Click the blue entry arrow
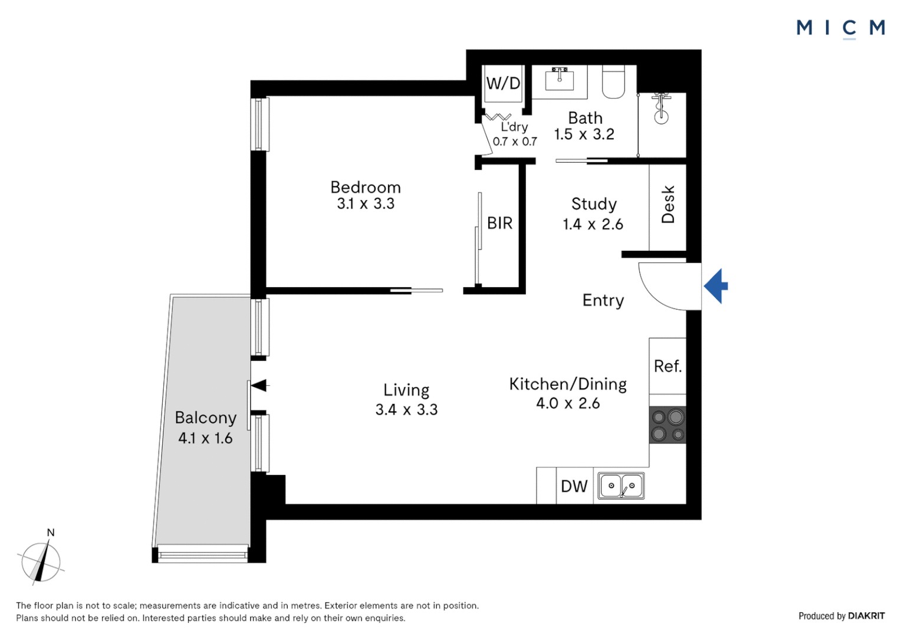[715, 286]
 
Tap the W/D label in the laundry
[503, 84]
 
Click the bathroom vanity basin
[559, 78]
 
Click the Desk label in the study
[668, 205]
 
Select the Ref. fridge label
[667, 366]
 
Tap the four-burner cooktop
[667, 425]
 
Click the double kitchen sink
[622, 486]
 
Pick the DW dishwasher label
[574, 487]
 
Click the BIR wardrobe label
[499, 224]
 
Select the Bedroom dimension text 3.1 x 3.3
[366, 204]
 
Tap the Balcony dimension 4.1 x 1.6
[205, 438]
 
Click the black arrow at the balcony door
[259, 385]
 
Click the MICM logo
[840, 28]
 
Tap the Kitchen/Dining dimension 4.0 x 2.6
[568, 403]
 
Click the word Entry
[603, 300]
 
